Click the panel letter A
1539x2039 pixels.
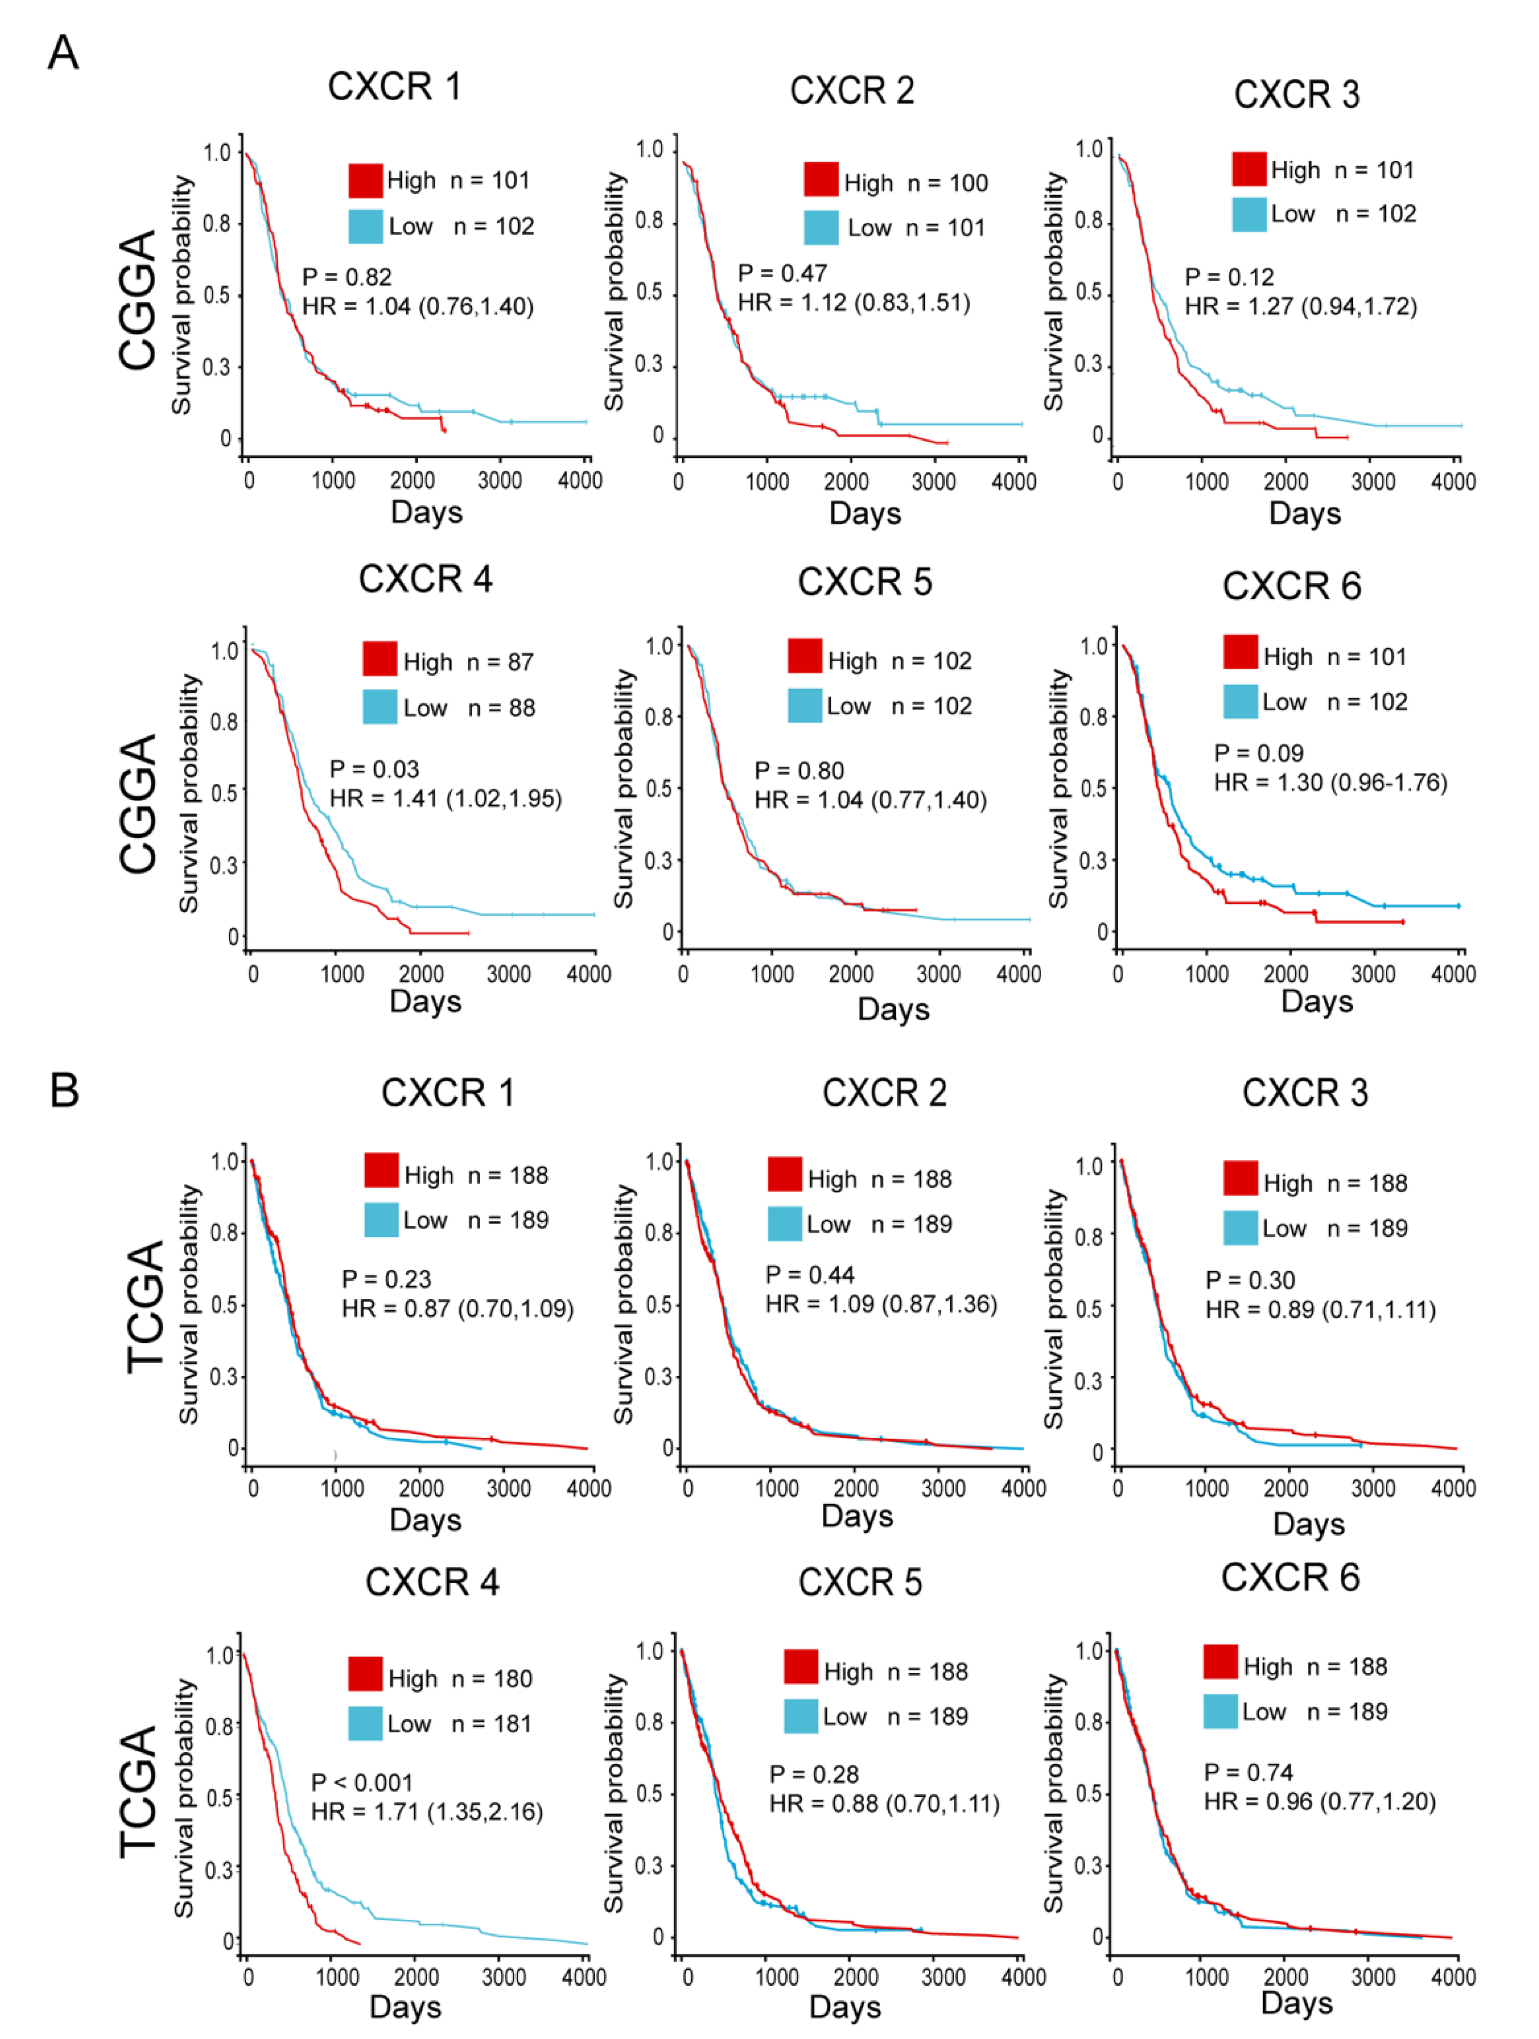point(63,52)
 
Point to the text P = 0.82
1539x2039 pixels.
point(347,277)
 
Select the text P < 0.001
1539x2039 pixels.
point(362,1783)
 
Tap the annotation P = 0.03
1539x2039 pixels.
point(374,769)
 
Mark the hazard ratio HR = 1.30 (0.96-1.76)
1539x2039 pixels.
point(1330,782)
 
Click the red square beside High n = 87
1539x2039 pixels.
point(380,659)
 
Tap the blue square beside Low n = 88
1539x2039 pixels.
point(380,706)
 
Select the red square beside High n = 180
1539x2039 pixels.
point(365,1674)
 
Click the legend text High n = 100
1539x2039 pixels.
point(916,184)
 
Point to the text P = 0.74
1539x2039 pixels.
point(1249,1772)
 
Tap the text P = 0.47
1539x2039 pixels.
point(782,273)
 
